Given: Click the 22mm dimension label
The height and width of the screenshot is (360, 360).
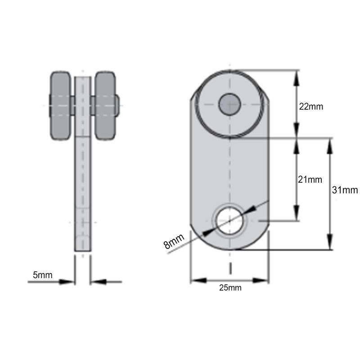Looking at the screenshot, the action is coord(311,107).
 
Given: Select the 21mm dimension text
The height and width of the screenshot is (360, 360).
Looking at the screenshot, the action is coord(310,180).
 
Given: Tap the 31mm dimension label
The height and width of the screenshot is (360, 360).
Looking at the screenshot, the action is coord(345,190).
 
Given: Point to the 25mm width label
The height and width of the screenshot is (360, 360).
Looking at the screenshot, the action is coord(230,288).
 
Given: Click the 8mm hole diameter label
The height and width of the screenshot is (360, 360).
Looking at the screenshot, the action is coord(174,241).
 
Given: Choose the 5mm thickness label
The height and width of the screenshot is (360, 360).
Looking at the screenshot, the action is coord(42,275).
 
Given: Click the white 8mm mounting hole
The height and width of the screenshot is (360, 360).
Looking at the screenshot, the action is coord(229,220).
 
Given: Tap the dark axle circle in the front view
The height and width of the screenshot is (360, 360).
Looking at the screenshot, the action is coord(229,104).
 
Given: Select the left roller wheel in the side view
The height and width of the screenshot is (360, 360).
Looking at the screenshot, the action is coord(60,106).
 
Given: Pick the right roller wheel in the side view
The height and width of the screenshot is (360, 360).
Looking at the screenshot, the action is coord(105,106).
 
